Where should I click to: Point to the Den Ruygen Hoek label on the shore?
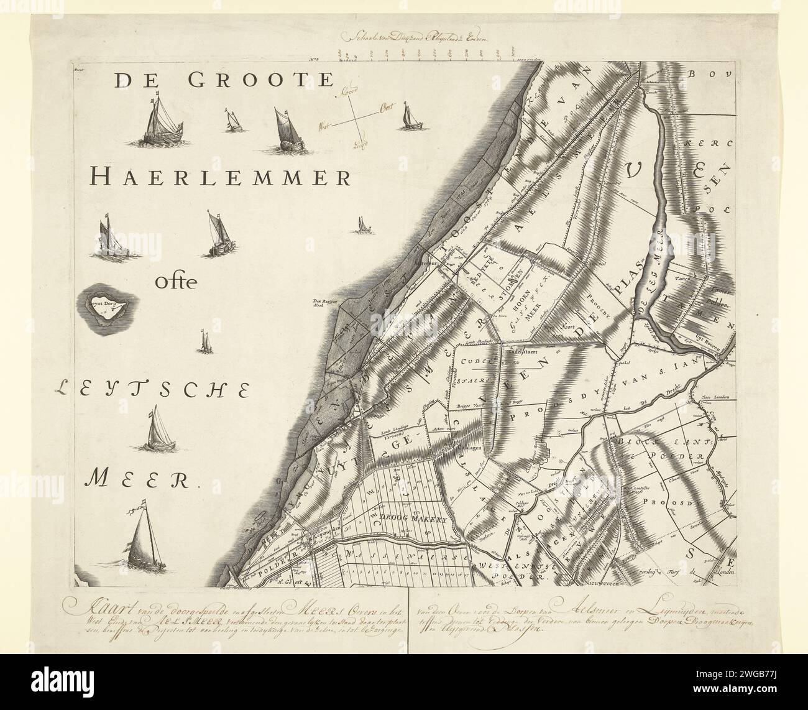(323, 303)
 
